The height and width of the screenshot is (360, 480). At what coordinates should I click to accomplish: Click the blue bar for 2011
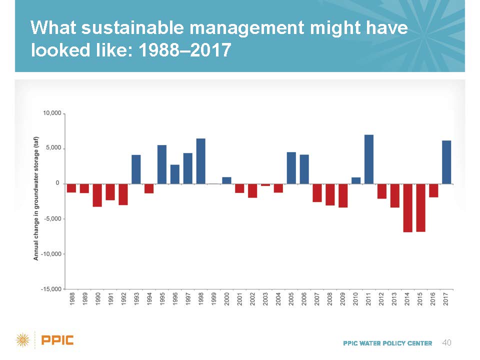click(x=369, y=159)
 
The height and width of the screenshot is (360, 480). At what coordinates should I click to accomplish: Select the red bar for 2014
click(x=408, y=208)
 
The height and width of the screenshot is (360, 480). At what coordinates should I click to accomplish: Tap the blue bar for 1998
click(x=201, y=161)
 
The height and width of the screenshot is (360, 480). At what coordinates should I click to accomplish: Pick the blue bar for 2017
click(x=446, y=162)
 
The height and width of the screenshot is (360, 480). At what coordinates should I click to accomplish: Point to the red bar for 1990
click(x=97, y=195)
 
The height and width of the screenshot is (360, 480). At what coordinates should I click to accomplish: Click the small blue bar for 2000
click(x=226, y=180)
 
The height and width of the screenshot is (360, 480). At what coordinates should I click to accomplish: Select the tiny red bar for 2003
click(x=265, y=185)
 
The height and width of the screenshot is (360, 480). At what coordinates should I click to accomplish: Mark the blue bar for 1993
click(x=136, y=169)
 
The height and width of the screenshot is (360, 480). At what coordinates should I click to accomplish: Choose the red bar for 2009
click(x=343, y=195)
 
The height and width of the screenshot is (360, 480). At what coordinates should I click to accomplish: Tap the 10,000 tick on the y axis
click(x=52, y=113)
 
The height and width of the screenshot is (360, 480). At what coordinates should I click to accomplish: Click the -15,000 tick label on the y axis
click(x=51, y=289)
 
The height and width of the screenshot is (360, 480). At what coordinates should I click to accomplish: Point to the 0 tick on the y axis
click(x=57, y=183)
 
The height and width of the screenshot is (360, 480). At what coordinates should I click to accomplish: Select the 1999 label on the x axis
click(x=214, y=299)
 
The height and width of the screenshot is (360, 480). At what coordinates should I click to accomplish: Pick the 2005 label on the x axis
click(x=291, y=299)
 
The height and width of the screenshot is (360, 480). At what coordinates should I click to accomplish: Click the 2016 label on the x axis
click(x=433, y=299)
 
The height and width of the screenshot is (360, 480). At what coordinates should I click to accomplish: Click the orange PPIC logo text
click(x=57, y=341)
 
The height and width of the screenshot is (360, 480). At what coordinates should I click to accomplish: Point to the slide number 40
click(x=447, y=342)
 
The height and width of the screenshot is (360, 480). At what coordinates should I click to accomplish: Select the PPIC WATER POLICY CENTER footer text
click(x=387, y=343)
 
